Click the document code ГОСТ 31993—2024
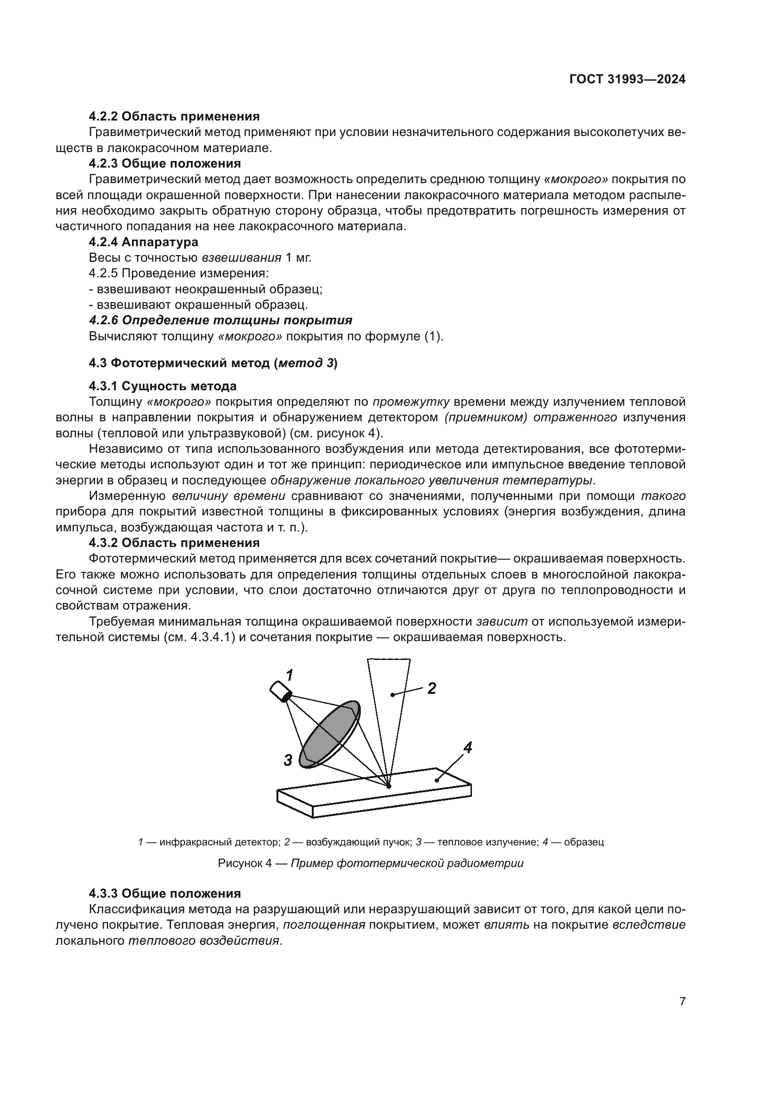pos(627,80)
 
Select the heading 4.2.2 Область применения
pos(174,117)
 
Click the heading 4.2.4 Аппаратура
pos(144,242)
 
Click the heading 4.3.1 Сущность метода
pos(162,386)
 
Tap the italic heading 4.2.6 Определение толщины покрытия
pos(220,321)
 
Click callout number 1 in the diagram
pos(289,675)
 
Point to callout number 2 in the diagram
pos(431,689)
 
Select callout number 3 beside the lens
pos(288,760)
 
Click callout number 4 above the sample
pos(468,747)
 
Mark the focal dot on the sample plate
pos(389,787)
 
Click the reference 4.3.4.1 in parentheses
pos(209,637)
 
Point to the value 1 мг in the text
pos(298,258)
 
